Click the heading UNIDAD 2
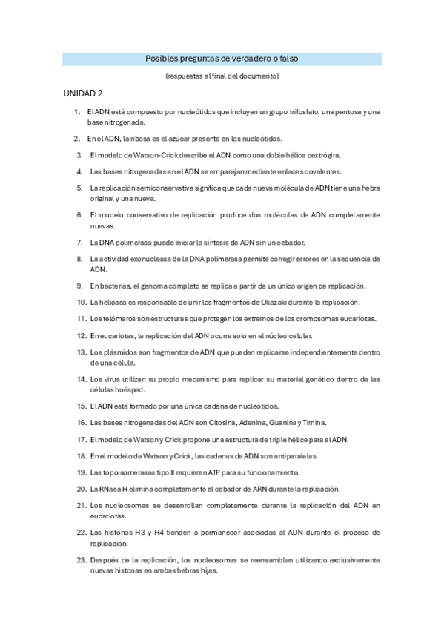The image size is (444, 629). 82,94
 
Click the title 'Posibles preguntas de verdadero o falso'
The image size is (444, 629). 222,59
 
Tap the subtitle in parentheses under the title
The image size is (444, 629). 222,76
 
